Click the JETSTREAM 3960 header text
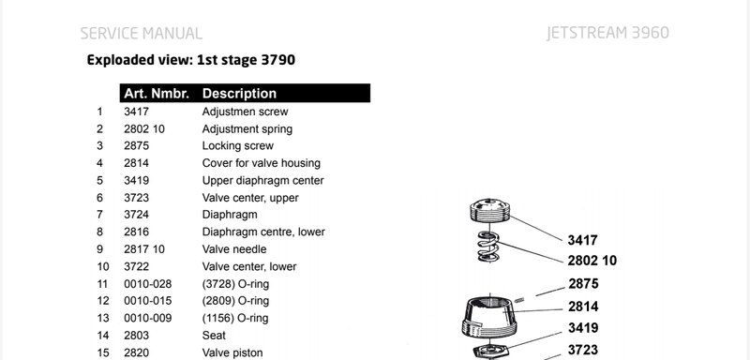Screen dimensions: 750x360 click(x=607, y=33)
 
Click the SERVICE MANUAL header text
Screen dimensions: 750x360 click(x=142, y=34)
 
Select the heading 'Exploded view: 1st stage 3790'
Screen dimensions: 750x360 click(x=191, y=60)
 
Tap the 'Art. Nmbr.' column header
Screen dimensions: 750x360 click(x=157, y=93)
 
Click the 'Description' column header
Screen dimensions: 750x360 click(x=239, y=93)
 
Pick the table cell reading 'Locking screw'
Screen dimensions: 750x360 click(x=238, y=146)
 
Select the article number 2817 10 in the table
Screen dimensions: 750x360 click(x=144, y=249)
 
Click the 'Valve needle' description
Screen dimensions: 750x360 click(x=233, y=249)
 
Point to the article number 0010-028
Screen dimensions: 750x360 click(x=147, y=284)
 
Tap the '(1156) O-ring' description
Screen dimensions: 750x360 click(x=235, y=318)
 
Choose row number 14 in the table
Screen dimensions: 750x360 click(x=103, y=336)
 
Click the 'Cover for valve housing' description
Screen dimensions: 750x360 click(x=262, y=163)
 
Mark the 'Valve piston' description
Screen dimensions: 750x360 click(x=232, y=352)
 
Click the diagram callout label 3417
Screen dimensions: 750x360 click(x=582, y=240)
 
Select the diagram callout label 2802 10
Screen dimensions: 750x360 click(x=592, y=261)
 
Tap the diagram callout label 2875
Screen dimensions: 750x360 click(x=583, y=284)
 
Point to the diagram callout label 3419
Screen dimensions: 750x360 click(x=583, y=328)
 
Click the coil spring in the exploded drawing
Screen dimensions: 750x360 click(x=488, y=247)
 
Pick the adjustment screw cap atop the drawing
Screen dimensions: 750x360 click(x=489, y=209)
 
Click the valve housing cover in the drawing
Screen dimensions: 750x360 click(x=489, y=318)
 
